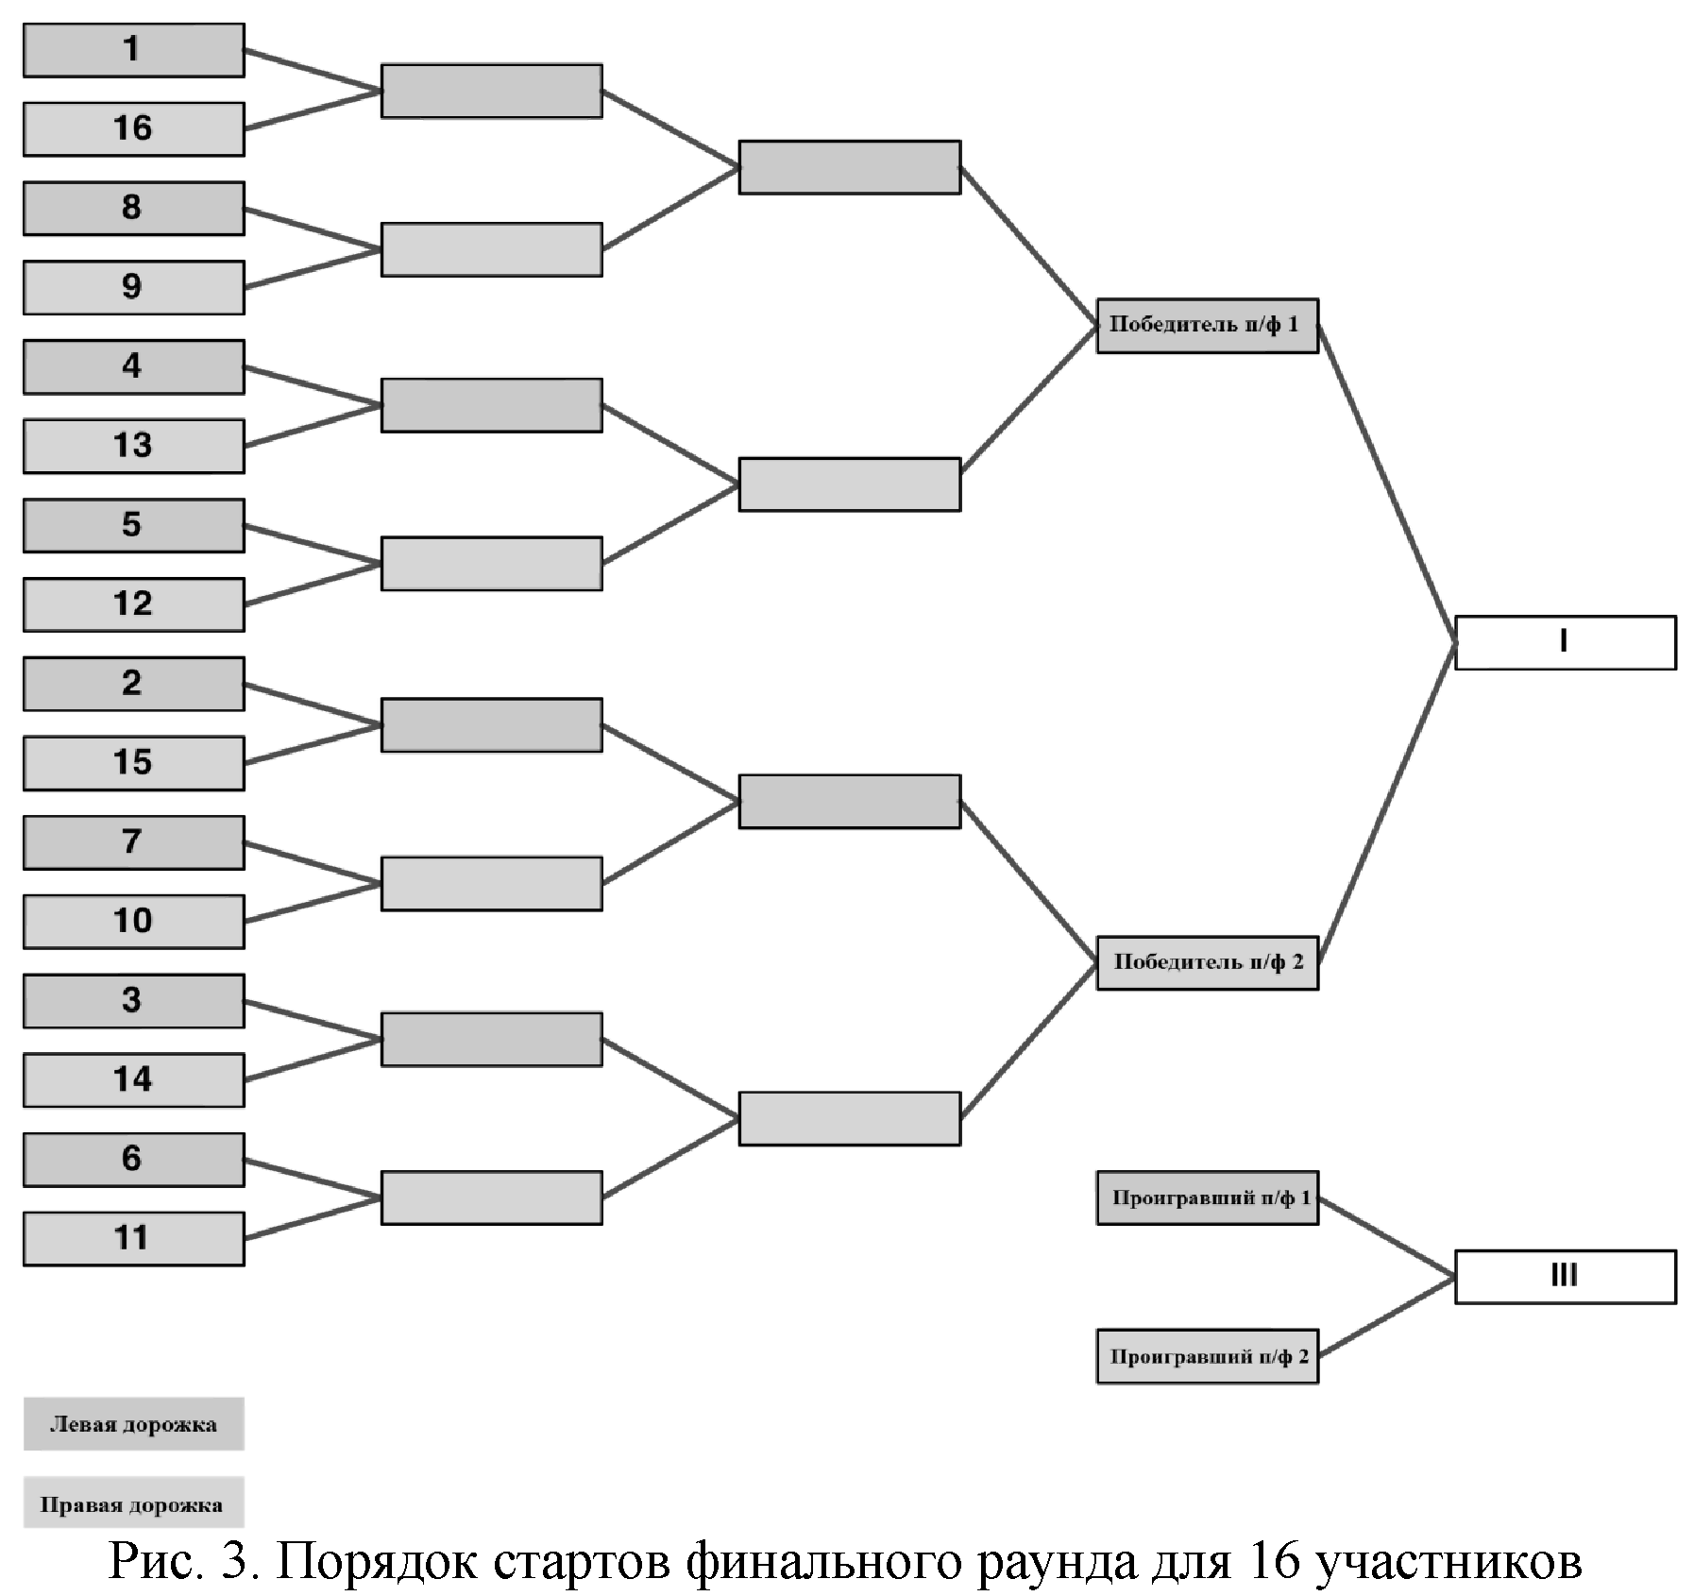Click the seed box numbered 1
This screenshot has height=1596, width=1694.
point(133,50)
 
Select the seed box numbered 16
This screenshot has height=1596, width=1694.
point(133,129)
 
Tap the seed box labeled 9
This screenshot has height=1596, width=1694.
point(133,287)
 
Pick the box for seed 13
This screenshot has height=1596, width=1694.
point(133,446)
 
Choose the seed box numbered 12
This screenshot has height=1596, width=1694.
point(133,604)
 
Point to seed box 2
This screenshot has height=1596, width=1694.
point(133,684)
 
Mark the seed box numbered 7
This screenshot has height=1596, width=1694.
point(133,842)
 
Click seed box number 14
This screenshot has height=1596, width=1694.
point(133,1079)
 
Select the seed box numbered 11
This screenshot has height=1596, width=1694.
point(133,1238)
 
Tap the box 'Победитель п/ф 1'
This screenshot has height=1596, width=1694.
point(1206,326)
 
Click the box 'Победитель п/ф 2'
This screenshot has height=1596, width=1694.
point(1206,962)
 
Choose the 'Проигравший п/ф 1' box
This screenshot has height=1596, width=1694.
point(1206,1198)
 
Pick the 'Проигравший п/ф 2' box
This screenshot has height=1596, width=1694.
point(1206,1357)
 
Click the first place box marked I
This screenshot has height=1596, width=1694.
point(1565,643)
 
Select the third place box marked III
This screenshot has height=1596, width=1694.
point(1565,1277)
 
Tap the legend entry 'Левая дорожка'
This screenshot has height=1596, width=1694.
point(133,1424)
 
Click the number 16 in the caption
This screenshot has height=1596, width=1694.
point(1274,1561)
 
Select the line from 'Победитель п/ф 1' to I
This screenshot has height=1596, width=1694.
point(1386,484)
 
